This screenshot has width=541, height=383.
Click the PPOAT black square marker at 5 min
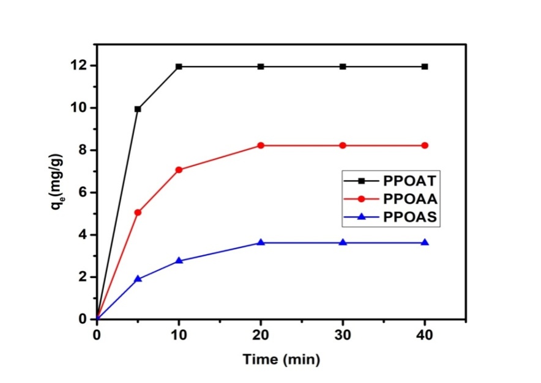[x=138, y=109]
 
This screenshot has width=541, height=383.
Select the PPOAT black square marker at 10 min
[x=179, y=66]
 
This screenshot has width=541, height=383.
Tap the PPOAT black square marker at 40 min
[x=425, y=66]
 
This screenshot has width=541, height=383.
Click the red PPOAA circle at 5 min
[x=138, y=213]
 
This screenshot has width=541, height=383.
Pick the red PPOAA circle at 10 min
[x=179, y=170]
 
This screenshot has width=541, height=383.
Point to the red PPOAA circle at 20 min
[x=261, y=145]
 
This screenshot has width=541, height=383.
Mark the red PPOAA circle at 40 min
[x=425, y=145]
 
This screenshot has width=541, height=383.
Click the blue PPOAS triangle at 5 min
[x=138, y=279]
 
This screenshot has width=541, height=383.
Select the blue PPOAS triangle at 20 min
[x=261, y=243]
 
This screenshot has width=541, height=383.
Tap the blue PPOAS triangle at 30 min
[x=343, y=243]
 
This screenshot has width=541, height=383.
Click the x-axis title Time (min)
[x=281, y=360]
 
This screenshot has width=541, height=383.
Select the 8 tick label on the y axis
[x=83, y=150]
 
